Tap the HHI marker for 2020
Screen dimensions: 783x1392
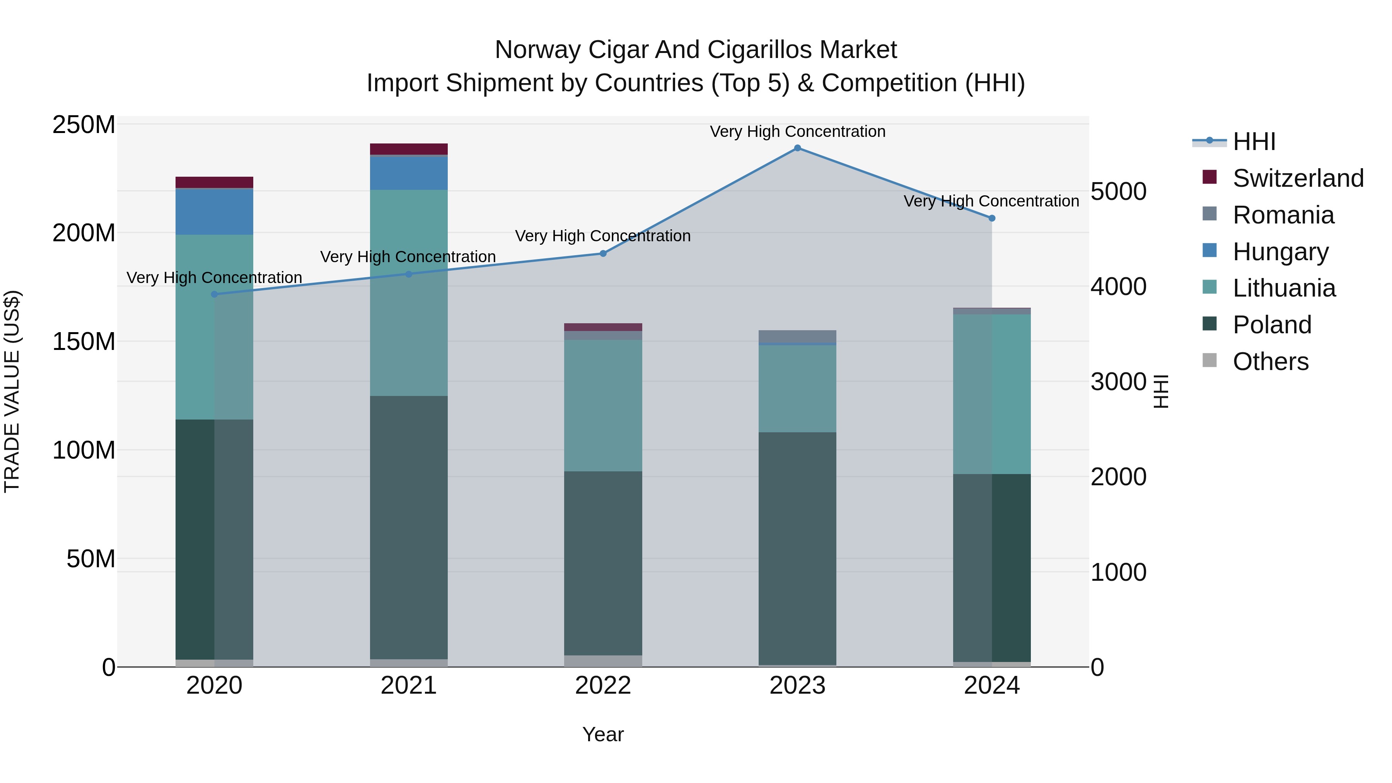pyautogui.click(x=215, y=295)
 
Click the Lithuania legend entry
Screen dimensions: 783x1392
pyautogui.click(x=1284, y=288)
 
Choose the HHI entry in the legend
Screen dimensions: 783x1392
pyautogui.click(x=1254, y=142)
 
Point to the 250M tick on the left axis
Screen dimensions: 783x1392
pyautogui.click(x=84, y=125)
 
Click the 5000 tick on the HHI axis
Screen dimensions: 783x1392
pyautogui.click(x=1118, y=191)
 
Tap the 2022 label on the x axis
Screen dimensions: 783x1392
pyautogui.click(x=603, y=686)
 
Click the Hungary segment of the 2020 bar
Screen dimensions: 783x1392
pyautogui.click(x=215, y=212)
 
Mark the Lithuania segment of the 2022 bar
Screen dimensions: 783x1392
pyautogui.click(x=603, y=405)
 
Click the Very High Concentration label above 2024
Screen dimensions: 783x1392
pyautogui.click(x=991, y=201)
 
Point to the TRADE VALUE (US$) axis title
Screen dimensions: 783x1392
pyautogui.click(x=12, y=391)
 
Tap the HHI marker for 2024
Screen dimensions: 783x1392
pyautogui.click(x=991, y=218)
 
